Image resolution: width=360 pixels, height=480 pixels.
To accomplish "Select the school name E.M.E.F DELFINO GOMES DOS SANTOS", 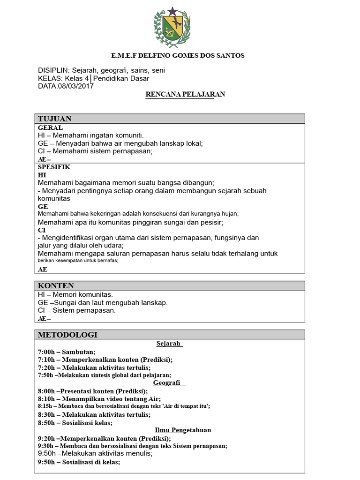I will [x=178, y=56].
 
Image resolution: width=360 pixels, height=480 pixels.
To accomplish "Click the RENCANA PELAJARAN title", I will [x=185, y=94].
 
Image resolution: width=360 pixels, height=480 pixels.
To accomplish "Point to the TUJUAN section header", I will [x=54, y=119].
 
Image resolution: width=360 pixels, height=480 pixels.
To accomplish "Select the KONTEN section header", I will [x=56, y=286].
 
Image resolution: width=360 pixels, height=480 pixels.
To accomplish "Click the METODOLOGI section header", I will [x=67, y=335].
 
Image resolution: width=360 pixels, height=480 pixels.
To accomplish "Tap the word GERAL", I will [x=50, y=127].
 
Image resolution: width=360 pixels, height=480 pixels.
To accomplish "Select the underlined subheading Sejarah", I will [x=169, y=344].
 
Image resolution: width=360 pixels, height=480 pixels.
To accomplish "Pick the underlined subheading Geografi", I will [x=167, y=383].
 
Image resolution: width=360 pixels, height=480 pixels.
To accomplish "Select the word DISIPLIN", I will [x=53, y=70].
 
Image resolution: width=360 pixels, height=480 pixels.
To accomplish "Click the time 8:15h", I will [x=45, y=406].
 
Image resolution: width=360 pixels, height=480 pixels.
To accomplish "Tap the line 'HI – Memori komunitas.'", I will [x=75, y=295].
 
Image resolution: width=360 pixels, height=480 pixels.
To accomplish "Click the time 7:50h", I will [x=45, y=375].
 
